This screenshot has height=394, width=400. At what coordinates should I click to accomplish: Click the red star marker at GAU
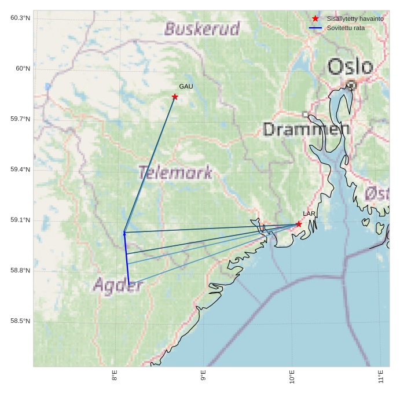(x=175, y=97)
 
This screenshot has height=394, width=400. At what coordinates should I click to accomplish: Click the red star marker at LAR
(x=299, y=224)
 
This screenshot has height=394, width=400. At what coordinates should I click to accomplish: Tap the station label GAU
(x=186, y=87)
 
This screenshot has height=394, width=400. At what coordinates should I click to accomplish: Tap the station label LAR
(x=309, y=214)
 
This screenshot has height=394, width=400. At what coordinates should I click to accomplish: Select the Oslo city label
(x=350, y=66)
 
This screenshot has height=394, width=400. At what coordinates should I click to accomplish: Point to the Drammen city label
(x=306, y=129)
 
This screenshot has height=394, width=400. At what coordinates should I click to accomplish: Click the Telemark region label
(x=175, y=172)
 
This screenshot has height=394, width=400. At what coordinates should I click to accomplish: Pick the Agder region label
(x=118, y=285)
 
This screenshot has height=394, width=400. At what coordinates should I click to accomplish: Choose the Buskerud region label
(x=202, y=29)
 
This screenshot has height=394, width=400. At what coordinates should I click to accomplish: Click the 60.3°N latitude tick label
(x=20, y=18)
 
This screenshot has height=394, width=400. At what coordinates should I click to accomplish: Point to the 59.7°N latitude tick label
(x=20, y=119)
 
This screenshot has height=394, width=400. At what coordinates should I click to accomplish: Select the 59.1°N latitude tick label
(x=20, y=220)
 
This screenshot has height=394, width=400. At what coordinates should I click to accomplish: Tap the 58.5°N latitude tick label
(x=20, y=321)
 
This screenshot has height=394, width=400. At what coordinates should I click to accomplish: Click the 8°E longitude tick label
(x=115, y=376)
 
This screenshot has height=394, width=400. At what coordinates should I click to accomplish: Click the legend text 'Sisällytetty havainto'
(x=355, y=19)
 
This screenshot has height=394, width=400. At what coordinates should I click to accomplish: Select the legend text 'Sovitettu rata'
(x=346, y=28)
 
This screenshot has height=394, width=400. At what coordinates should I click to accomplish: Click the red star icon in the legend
(x=315, y=19)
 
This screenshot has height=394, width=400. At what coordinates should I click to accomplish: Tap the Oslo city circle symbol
(x=351, y=84)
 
